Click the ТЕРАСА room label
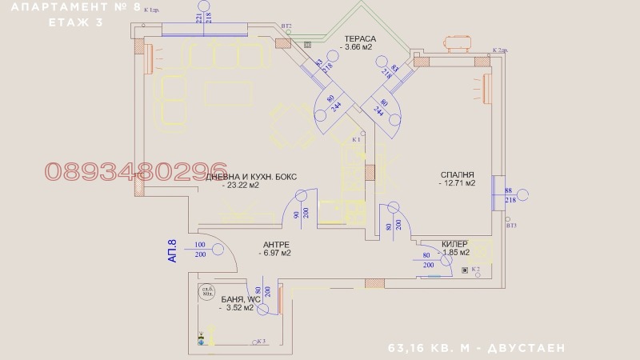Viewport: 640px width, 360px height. pyautogui.click(x=360, y=38)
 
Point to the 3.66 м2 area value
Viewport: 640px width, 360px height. pyautogui.click(x=357, y=48)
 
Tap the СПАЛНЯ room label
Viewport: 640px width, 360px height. pyautogui.click(x=457, y=174)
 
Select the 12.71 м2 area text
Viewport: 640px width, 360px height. pyautogui.click(x=457, y=183)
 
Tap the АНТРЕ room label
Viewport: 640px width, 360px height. pyautogui.click(x=276, y=244)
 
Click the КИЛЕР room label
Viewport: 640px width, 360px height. pyautogui.click(x=460, y=244)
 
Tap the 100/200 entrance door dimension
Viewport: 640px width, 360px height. pyautogui.click(x=200, y=249)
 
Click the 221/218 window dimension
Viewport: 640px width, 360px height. pyautogui.click(x=203, y=18)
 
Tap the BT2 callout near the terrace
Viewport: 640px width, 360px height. pyautogui.click(x=286, y=26)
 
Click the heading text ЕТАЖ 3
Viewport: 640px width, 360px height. pyautogui.click(x=76, y=22)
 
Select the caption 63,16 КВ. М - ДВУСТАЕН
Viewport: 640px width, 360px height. pyautogui.click(x=477, y=348)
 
